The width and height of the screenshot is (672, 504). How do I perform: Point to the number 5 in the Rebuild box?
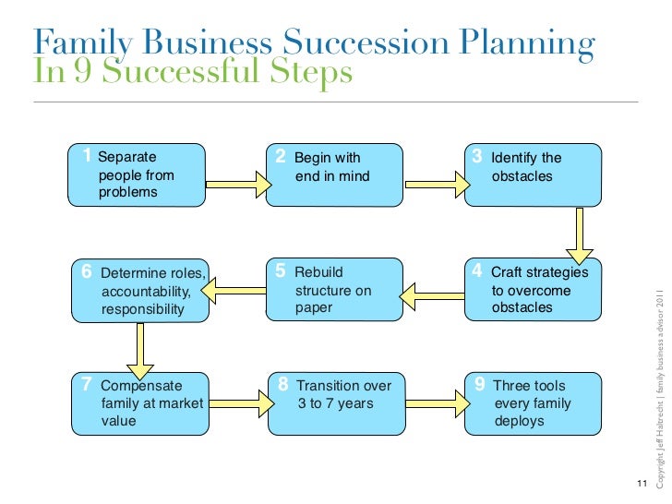(281, 271)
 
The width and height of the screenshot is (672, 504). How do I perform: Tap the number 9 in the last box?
(479, 385)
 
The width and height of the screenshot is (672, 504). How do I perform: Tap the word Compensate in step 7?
(141, 386)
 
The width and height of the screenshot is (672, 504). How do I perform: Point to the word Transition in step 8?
(330, 386)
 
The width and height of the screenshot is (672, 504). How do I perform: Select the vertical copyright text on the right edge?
(661, 387)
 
